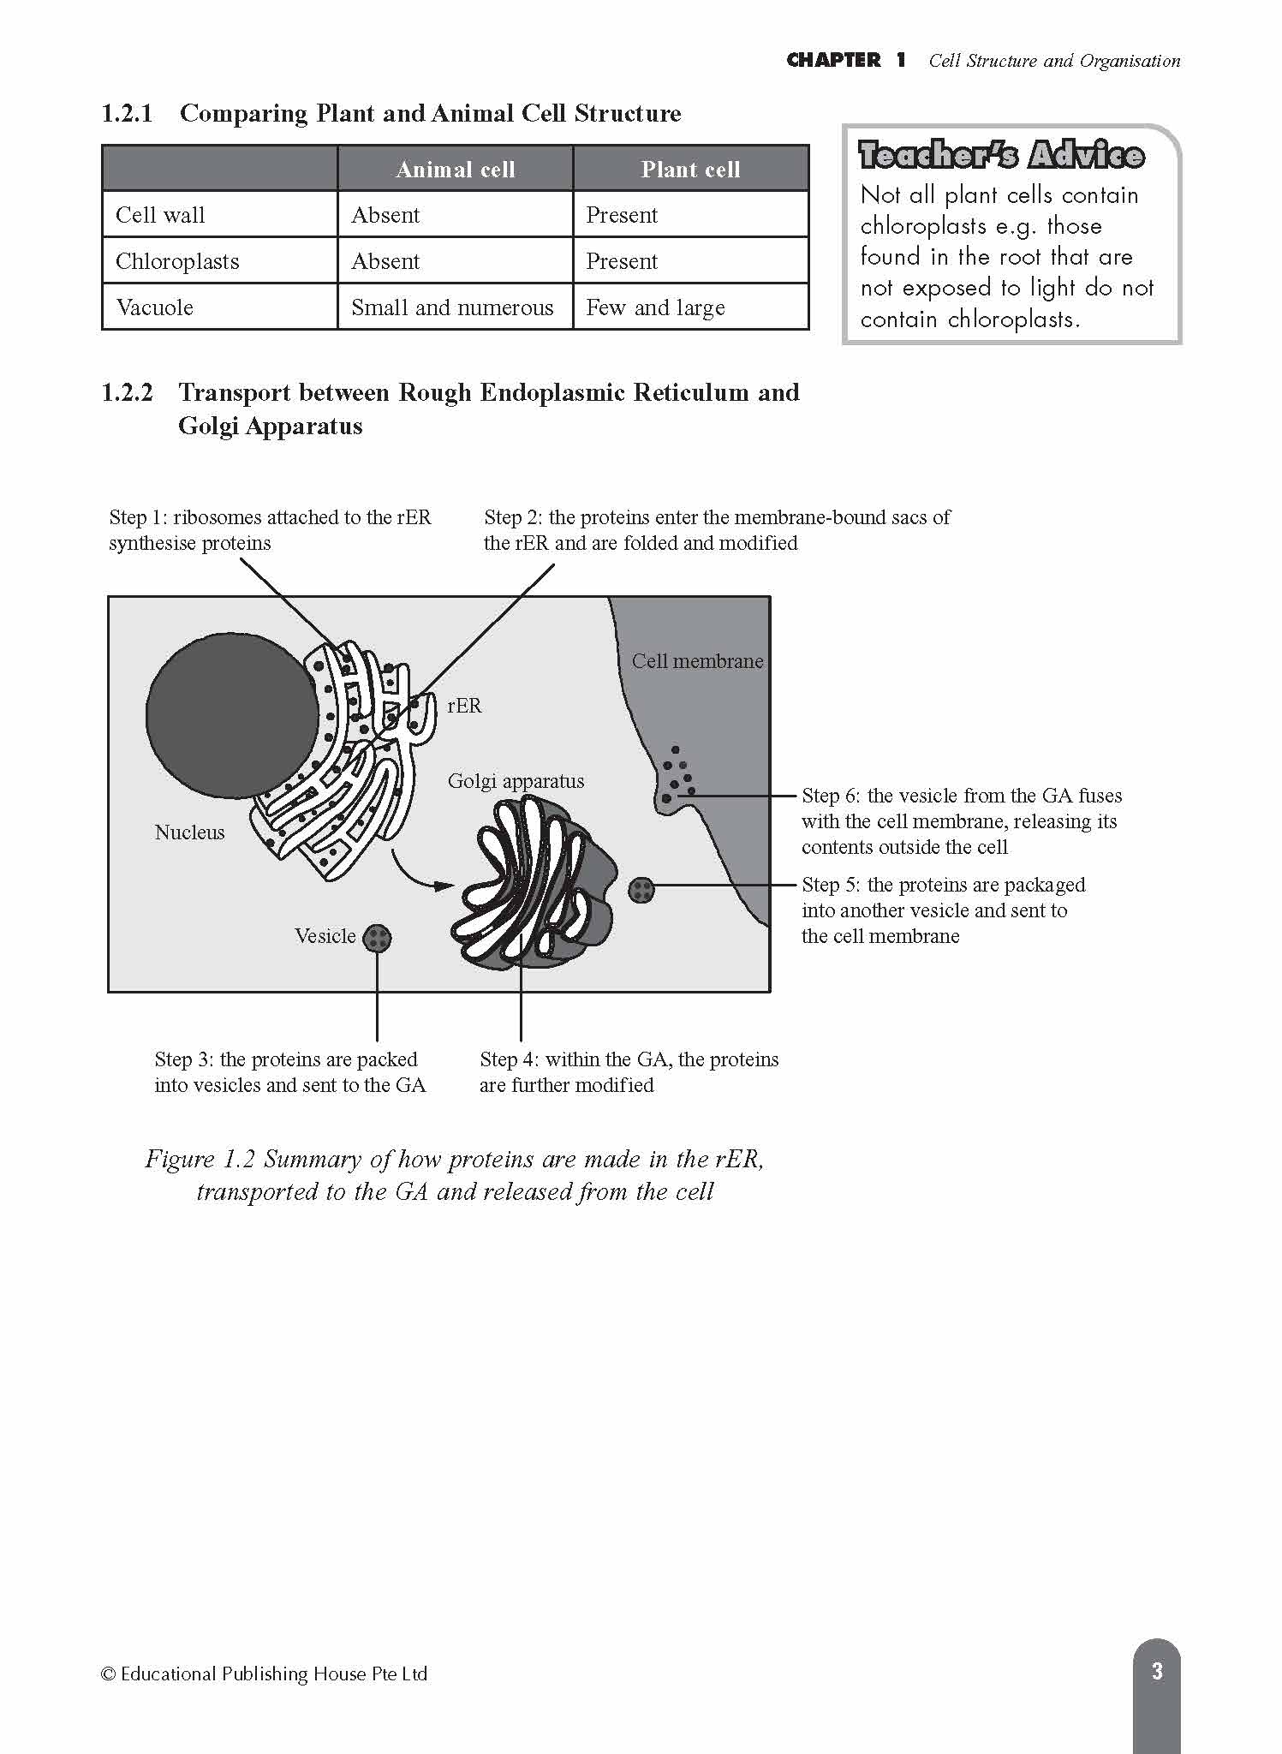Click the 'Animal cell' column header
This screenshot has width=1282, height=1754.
pyautogui.click(x=455, y=170)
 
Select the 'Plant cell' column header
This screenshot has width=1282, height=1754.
pyautogui.click(x=690, y=170)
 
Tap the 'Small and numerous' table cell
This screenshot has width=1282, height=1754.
pyautogui.click(x=452, y=307)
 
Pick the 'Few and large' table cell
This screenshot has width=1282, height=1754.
pyautogui.click(x=655, y=307)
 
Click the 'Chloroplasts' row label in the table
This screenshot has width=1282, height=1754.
pyautogui.click(x=177, y=261)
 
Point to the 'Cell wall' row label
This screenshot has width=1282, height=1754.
pyautogui.click(x=160, y=215)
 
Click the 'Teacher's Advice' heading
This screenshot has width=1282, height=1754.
pyautogui.click(x=1001, y=155)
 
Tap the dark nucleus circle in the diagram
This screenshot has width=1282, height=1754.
pyautogui.click(x=231, y=716)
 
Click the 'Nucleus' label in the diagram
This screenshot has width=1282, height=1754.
pyautogui.click(x=189, y=832)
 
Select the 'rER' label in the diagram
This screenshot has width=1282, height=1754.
pyautogui.click(x=464, y=706)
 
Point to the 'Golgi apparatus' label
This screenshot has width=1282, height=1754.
pyautogui.click(x=516, y=781)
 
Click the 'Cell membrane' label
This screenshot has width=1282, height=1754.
pyautogui.click(x=697, y=661)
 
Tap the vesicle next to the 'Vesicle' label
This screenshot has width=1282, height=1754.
pyautogui.click(x=377, y=939)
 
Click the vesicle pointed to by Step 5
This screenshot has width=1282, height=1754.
pyautogui.click(x=641, y=891)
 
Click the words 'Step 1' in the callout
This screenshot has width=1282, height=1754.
pyautogui.click(x=137, y=517)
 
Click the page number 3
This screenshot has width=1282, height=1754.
pyautogui.click(x=1157, y=1671)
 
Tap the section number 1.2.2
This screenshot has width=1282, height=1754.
pyautogui.click(x=127, y=393)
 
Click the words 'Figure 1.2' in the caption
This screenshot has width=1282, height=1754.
pyautogui.click(x=200, y=1160)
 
